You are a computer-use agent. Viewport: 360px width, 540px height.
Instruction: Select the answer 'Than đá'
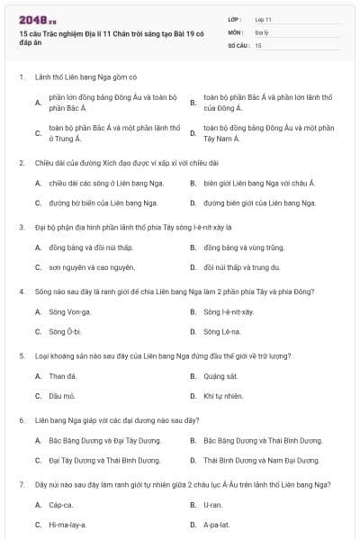coord(62,375)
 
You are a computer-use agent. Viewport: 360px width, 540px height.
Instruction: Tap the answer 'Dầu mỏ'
coord(62,396)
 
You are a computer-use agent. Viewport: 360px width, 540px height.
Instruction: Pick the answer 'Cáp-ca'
coord(61,505)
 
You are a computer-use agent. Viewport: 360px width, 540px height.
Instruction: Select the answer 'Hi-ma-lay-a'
coord(67,525)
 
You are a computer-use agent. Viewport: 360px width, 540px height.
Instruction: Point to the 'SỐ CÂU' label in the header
coord(237,44)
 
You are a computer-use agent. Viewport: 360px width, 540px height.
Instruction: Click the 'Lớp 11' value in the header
coord(263,19)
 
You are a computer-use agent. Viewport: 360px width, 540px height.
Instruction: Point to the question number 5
coord(21,355)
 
